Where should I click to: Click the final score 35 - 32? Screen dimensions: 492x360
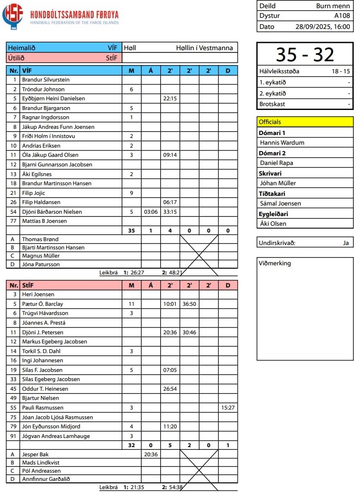click(x=305, y=55)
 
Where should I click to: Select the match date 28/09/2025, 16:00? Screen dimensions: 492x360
click(x=322, y=27)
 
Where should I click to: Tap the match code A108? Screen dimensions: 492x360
click(x=342, y=15)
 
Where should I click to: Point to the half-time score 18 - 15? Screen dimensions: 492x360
click(x=341, y=71)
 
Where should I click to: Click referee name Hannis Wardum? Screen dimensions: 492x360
click(x=282, y=143)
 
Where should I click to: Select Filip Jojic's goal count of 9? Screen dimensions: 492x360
click(x=131, y=193)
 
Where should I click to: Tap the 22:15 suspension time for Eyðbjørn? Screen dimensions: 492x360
click(x=170, y=98)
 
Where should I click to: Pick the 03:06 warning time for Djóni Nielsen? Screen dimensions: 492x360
click(x=151, y=212)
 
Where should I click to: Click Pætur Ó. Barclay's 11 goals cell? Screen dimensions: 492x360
click(x=131, y=304)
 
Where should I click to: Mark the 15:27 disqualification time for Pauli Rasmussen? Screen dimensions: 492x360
click(x=228, y=408)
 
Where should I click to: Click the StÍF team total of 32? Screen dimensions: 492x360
click(x=131, y=446)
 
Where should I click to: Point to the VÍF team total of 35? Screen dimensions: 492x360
click(x=131, y=231)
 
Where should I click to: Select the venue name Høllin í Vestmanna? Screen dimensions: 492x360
click(x=205, y=48)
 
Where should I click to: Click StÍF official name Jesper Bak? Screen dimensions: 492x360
click(x=35, y=454)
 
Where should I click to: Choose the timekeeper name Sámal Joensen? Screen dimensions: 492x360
click(x=280, y=204)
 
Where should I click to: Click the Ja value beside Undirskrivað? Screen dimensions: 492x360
click(x=346, y=243)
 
